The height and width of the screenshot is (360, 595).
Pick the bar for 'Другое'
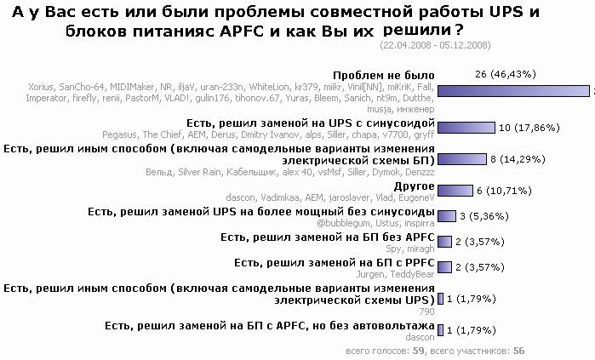tap(455, 191)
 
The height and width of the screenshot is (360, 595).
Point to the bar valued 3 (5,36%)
tap(447, 215)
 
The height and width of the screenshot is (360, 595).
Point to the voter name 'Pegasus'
tap(119, 134)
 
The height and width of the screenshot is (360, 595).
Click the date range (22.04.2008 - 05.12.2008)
tap(435, 43)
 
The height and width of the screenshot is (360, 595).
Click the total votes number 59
tap(420, 350)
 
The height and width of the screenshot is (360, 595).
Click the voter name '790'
tap(427, 312)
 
